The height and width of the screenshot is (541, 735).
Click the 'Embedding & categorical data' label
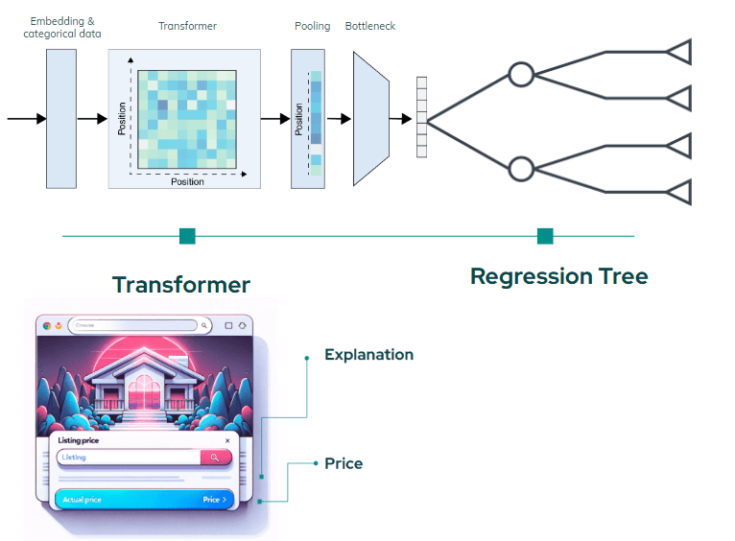pyautogui.click(x=62, y=27)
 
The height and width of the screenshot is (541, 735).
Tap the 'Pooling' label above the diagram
pyautogui.click(x=312, y=26)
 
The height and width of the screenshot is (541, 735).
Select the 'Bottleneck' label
pyautogui.click(x=370, y=26)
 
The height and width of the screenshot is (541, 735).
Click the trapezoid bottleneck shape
pyautogui.click(x=369, y=118)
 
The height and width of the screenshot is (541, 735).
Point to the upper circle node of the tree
pyautogui.click(x=520, y=74)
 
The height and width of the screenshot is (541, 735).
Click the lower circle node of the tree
pyautogui.click(x=520, y=170)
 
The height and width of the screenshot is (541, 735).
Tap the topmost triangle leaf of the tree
pyautogui.click(x=679, y=52)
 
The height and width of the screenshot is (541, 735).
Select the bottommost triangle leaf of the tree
pyautogui.click(x=679, y=192)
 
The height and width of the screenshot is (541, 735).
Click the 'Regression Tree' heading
pyautogui.click(x=558, y=277)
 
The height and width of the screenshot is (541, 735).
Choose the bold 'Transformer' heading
pyautogui.click(x=180, y=285)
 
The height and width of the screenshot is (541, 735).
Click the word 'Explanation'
pyautogui.click(x=368, y=355)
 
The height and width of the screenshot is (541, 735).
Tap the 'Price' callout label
pyautogui.click(x=344, y=463)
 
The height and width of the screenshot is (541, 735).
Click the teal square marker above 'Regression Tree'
pyautogui.click(x=545, y=236)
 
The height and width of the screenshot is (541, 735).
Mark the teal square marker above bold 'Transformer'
pyautogui.click(x=187, y=236)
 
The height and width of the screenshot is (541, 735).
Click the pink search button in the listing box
pyautogui.click(x=215, y=458)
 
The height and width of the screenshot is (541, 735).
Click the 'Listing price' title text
pyautogui.click(x=82, y=439)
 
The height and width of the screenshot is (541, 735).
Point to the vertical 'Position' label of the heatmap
pyautogui.click(x=123, y=118)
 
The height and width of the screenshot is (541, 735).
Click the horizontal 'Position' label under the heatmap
pyautogui.click(x=187, y=181)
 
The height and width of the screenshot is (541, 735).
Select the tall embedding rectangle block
pyautogui.click(x=60, y=118)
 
